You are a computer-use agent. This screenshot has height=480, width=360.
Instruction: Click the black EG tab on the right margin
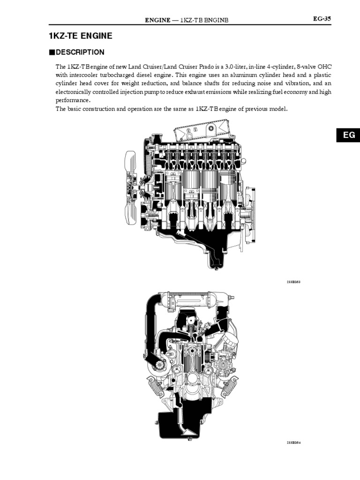pyautogui.click(x=348, y=135)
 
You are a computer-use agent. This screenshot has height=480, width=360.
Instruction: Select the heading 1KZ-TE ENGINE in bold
pyautogui.click(x=80, y=36)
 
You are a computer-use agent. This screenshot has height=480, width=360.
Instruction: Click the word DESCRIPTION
pyautogui.click(x=80, y=52)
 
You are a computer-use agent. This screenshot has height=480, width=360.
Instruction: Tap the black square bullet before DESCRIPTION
pyautogui.click(x=52, y=52)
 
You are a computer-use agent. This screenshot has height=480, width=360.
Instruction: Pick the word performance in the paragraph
pyautogui.click(x=73, y=100)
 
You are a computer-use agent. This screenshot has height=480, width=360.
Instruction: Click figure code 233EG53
pyautogui.click(x=293, y=282)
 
